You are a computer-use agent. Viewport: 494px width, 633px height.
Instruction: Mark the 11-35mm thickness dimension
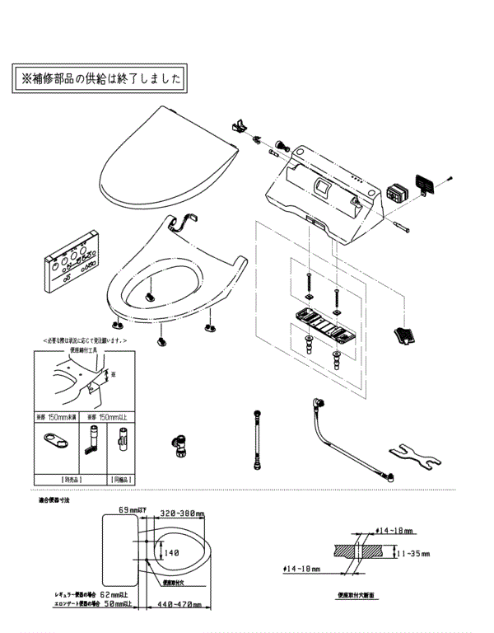point(414,554)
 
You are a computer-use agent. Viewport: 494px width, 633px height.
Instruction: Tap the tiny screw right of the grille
point(450,178)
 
